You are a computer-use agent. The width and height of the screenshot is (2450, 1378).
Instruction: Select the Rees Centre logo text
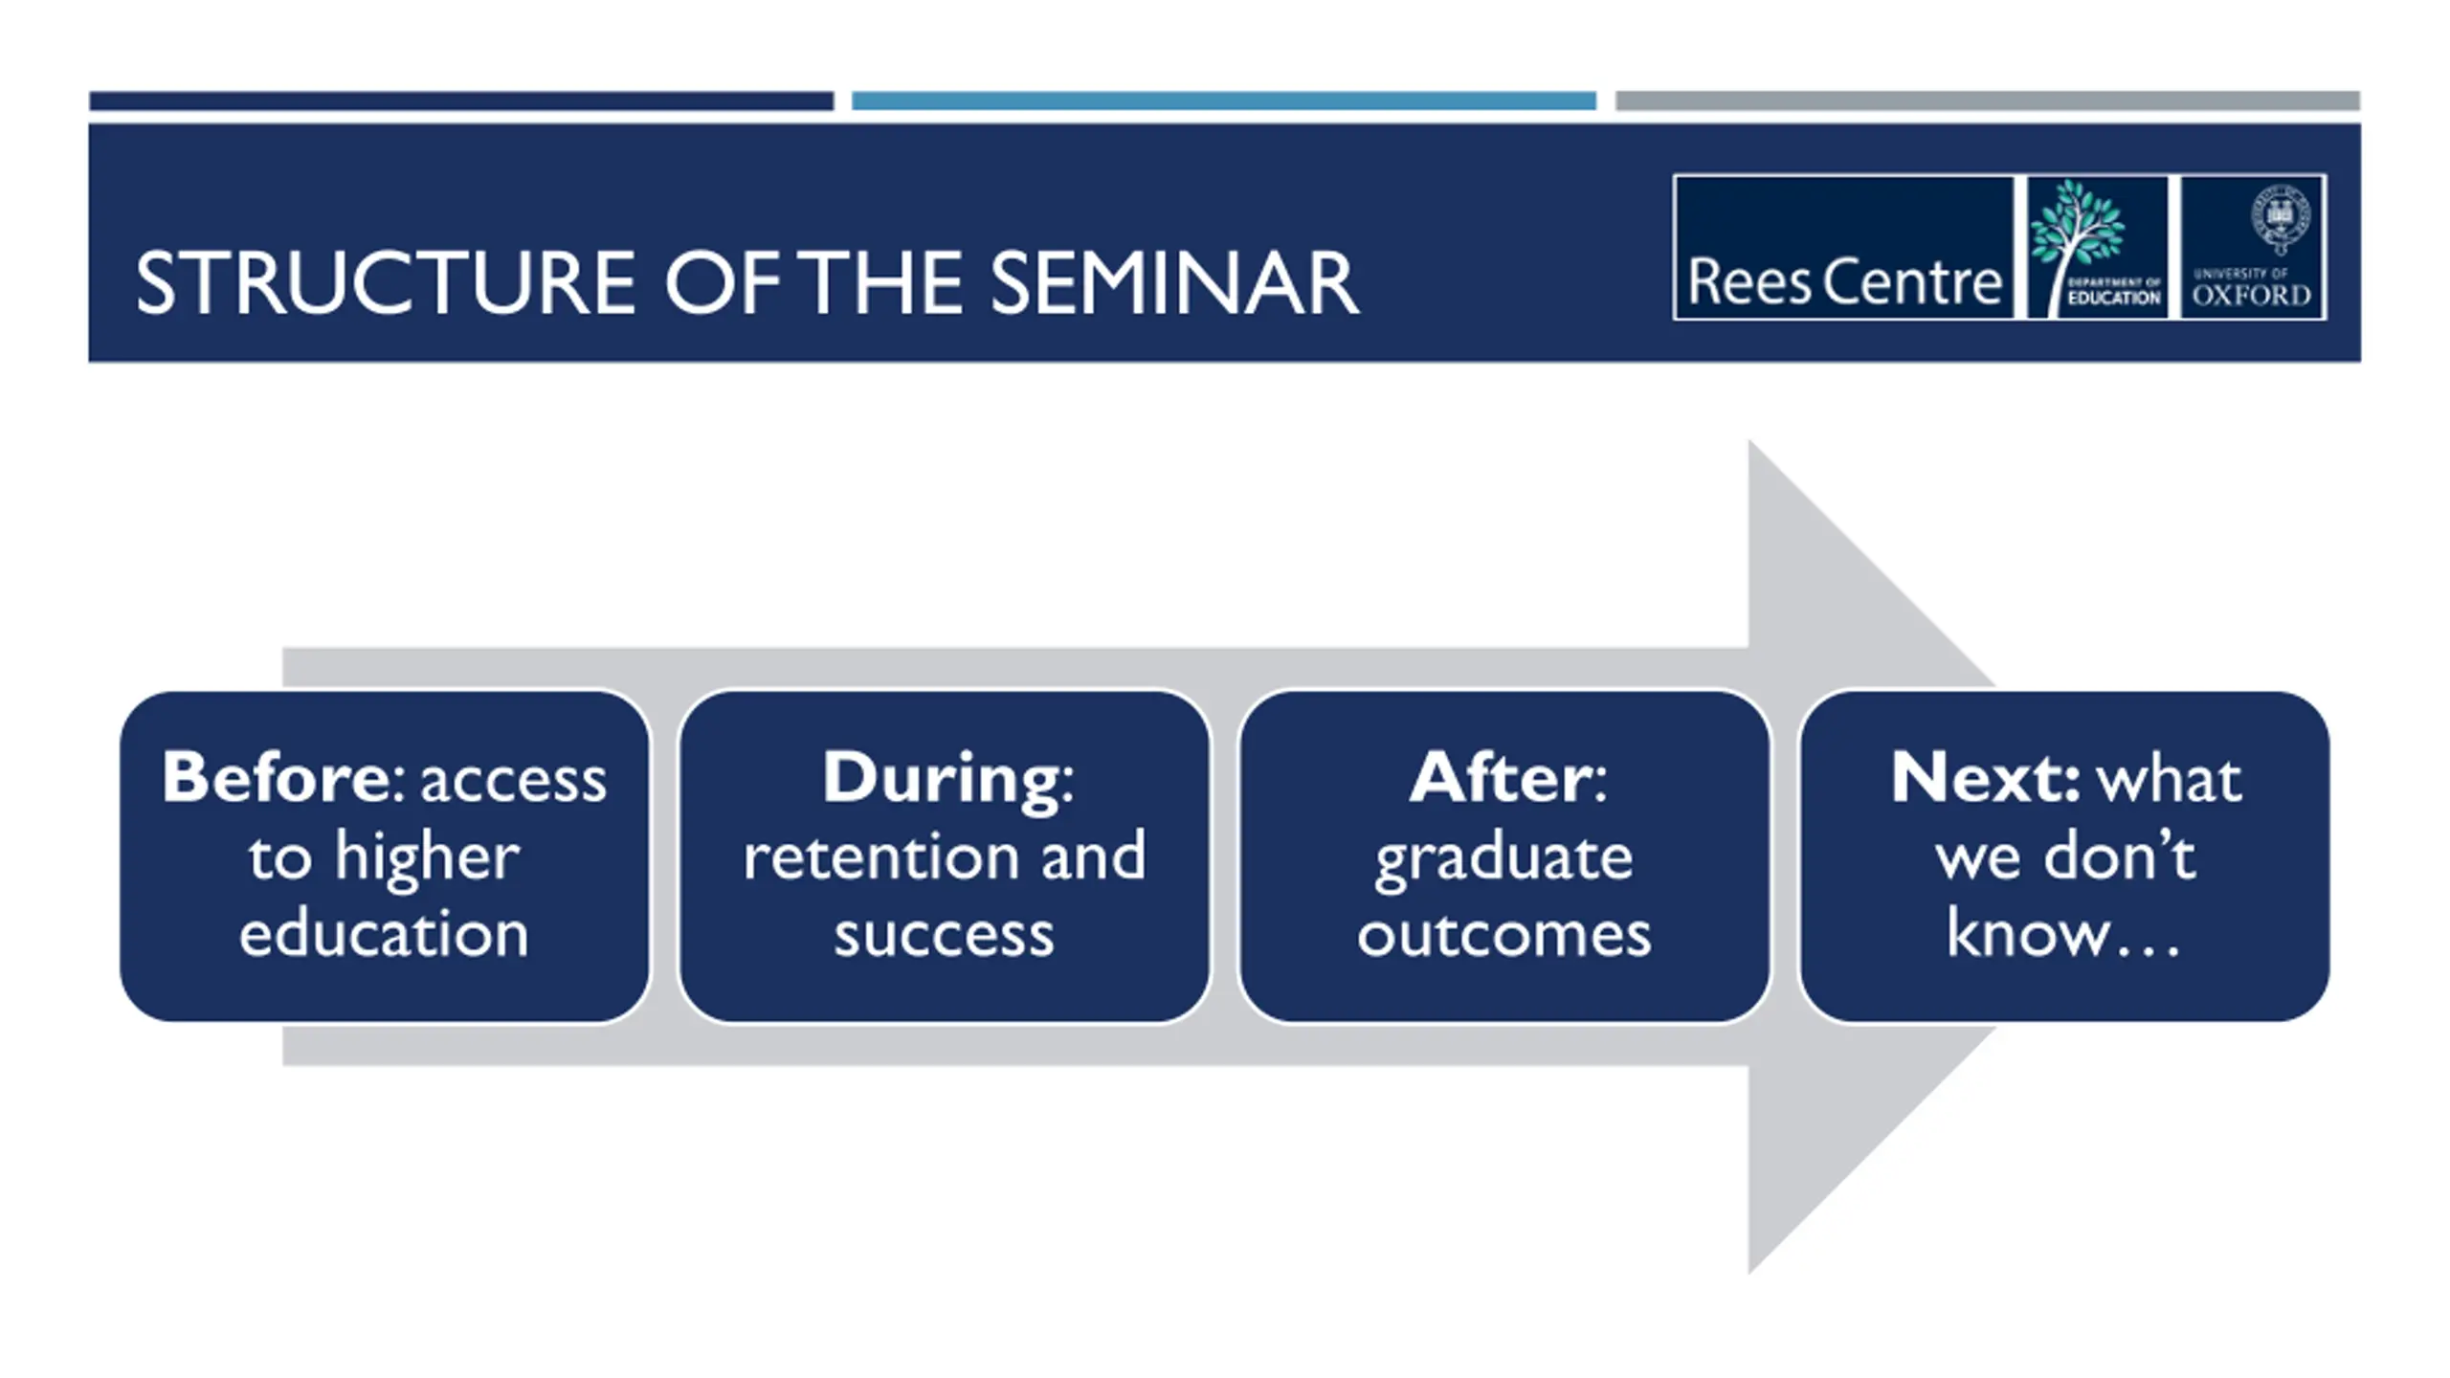click(1844, 282)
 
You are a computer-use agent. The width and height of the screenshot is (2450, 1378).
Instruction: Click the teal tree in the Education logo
click(2077, 230)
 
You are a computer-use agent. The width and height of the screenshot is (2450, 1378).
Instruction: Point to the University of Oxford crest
click(2281, 220)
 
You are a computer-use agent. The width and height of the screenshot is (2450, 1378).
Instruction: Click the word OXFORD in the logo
click(2251, 296)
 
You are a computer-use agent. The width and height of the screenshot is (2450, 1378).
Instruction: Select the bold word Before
click(274, 777)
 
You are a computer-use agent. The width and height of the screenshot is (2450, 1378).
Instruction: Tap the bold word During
click(940, 779)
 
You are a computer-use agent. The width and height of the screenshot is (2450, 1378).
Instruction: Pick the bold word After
click(1499, 777)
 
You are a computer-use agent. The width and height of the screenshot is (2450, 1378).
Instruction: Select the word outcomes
click(1503, 934)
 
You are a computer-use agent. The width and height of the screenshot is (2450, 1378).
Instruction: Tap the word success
click(944, 934)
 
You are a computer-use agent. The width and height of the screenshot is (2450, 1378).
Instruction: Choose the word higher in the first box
click(427, 856)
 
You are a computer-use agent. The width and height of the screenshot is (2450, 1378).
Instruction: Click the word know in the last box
click(2026, 934)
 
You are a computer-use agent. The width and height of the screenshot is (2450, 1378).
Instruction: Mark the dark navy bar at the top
click(461, 100)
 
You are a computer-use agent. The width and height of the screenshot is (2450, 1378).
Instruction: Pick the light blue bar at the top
click(1223, 100)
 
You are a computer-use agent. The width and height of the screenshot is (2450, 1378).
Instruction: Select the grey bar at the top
click(1987, 100)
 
